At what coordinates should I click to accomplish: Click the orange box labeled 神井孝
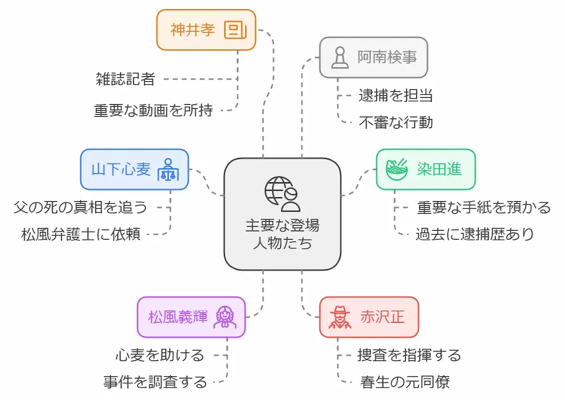tap(206, 30)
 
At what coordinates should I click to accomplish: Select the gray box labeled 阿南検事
tap(373, 58)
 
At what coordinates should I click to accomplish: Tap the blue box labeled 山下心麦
tap(134, 169)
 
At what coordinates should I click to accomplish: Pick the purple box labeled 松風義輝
tap(191, 317)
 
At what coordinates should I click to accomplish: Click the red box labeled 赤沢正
tap(369, 317)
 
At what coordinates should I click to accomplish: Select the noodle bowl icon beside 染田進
tap(397, 169)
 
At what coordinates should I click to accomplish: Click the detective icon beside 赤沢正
tap(340, 317)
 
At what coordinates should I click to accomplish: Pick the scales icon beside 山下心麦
tap(167, 170)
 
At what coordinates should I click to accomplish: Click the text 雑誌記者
tap(125, 79)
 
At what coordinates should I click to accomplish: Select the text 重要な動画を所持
tap(153, 110)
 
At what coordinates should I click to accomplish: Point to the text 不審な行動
tap(395, 122)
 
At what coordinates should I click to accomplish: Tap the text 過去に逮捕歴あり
tap(475, 234)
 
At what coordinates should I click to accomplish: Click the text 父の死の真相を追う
tap(80, 207)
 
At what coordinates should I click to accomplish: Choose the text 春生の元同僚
tap(405, 382)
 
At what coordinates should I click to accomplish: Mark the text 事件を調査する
tap(155, 382)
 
